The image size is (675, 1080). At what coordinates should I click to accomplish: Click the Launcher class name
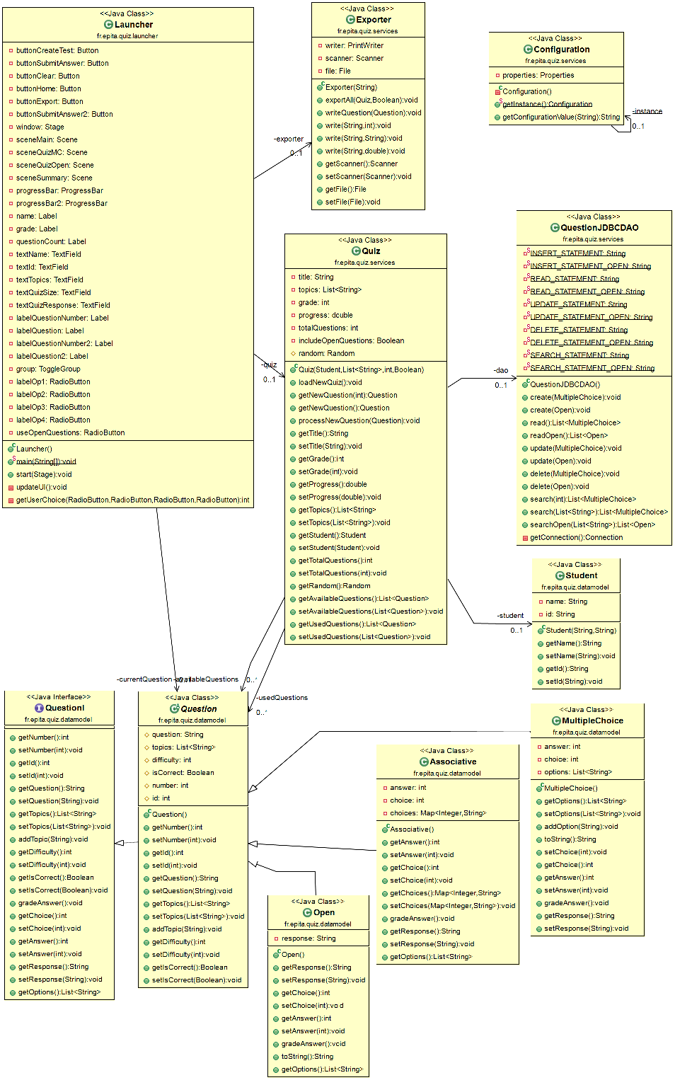tap(134, 24)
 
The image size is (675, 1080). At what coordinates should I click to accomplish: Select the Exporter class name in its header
tap(374, 20)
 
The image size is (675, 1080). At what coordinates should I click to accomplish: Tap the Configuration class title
tap(562, 50)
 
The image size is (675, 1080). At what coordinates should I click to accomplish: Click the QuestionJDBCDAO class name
tap(599, 228)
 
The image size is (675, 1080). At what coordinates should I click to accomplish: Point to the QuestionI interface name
tap(65, 708)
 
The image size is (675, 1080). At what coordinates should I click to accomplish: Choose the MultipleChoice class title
tap(592, 720)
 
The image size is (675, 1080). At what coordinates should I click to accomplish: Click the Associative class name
tap(453, 762)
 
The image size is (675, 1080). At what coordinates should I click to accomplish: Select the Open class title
tap(324, 912)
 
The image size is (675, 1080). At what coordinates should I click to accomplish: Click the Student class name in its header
tap(581, 575)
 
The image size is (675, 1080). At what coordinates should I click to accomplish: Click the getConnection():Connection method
tap(576, 537)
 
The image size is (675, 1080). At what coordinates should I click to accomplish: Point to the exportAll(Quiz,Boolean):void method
tap(371, 100)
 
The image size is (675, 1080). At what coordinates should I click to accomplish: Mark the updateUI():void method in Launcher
tap(41, 487)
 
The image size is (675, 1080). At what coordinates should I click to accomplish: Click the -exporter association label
tap(289, 139)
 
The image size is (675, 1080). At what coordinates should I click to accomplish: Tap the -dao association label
tap(500, 370)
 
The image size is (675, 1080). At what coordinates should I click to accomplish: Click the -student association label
tap(510, 616)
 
